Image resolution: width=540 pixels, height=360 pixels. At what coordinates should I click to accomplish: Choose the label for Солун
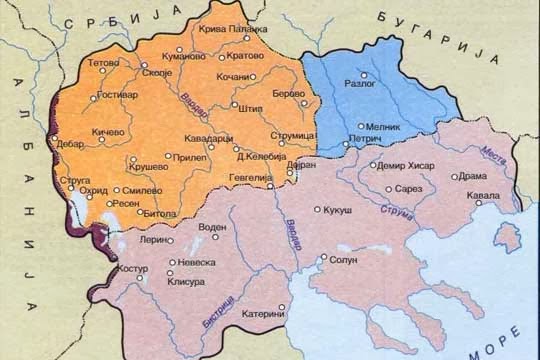(x=344, y=259)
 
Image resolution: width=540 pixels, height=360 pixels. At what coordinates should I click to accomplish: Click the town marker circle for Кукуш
(x=318, y=209)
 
